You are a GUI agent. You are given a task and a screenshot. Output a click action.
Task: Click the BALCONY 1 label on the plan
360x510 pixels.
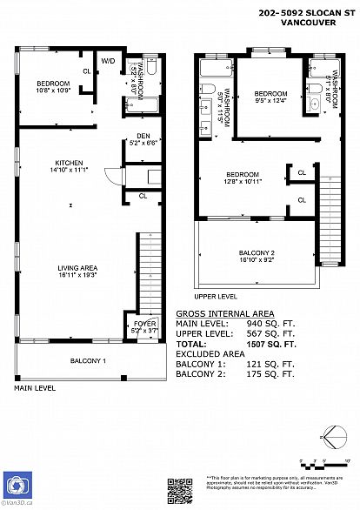pyautogui.click(x=89, y=360)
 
